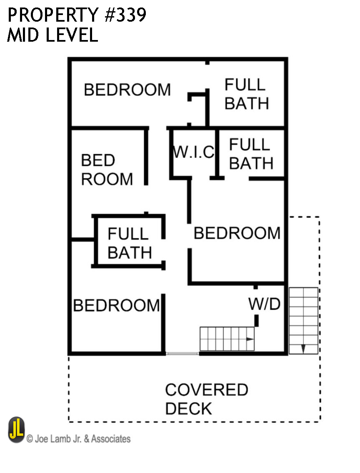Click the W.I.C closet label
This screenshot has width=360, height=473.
[x=193, y=152]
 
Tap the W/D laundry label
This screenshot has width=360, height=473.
[x=264, y=304]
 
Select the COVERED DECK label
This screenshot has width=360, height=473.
[x=206, y=399]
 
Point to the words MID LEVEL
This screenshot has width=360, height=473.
[x=52, y=35]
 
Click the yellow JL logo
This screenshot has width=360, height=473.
[x=17, y=430]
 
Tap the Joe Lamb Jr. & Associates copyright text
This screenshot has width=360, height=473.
[x=79, y=439]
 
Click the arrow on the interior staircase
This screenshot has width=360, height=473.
[x=250, y=339]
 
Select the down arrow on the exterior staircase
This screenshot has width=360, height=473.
[x=303, y=348]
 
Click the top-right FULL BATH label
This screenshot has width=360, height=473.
[x=246, y=94]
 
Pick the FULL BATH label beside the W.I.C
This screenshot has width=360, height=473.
[x=251, y=154]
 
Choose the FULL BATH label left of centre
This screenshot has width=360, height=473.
[x=129, y=243]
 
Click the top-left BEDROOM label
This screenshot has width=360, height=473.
[x=127, y=90]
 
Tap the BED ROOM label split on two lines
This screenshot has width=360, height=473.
[x=107, y=170]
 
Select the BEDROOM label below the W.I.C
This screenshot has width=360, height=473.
[x=237, y=233]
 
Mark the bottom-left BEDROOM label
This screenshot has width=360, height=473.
[x=116, y=305]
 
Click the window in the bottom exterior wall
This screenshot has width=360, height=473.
[x=182, y=354]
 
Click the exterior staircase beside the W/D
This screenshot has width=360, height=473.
[x=303, y=320]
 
